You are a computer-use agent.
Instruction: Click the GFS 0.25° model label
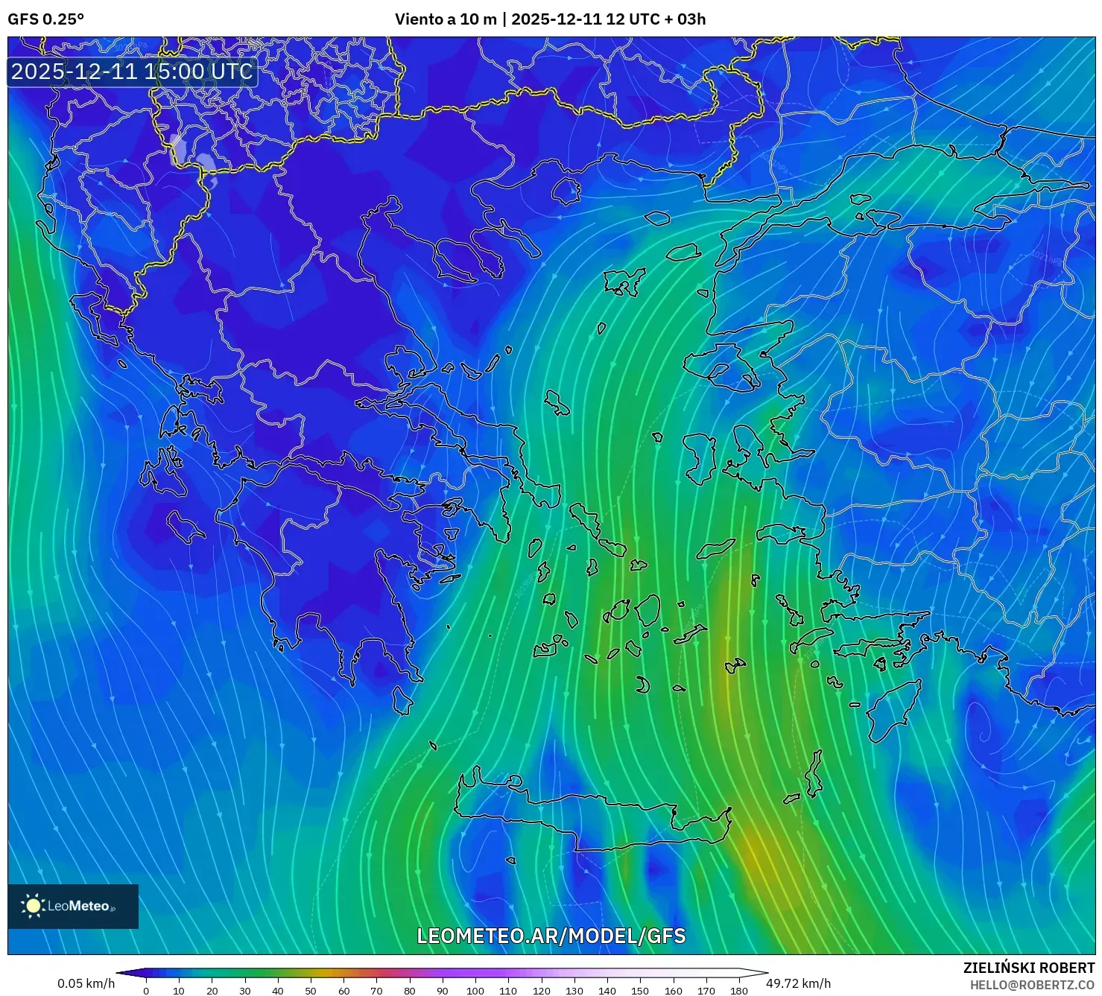(45, 19)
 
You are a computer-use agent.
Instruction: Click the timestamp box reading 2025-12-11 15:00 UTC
(132, 72)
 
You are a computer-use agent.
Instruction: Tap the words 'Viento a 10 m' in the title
(445, 19)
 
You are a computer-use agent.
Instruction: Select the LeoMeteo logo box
(73, 906)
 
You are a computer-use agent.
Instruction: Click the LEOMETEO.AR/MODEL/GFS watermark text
(551, 936)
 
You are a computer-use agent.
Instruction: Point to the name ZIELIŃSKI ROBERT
(1029, 968)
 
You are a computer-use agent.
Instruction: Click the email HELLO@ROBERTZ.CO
(1032, 985)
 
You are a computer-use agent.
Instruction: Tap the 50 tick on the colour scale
(311, 991)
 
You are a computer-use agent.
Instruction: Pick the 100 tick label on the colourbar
(475, 991)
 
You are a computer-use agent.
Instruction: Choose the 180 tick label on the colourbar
(738, 991)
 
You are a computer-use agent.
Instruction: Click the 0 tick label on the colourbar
(146, 991)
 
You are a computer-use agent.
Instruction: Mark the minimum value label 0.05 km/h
(86, 983)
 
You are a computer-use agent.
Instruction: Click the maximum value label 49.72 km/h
(798, 983)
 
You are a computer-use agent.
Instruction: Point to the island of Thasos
(566, 190)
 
